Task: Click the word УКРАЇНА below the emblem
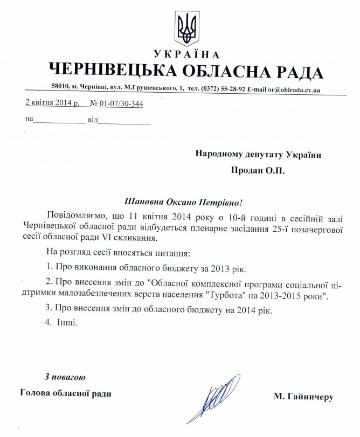[187, 54]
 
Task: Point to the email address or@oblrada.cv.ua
[293, 89]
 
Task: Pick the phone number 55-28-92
[234, 89]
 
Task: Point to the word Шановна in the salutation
[143, 203]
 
